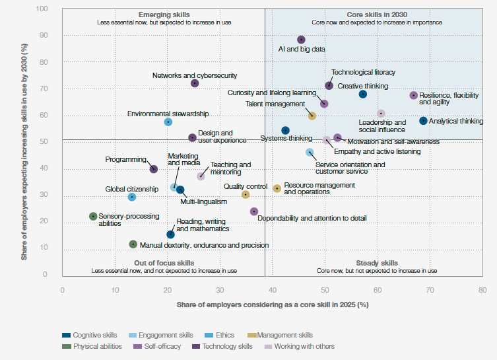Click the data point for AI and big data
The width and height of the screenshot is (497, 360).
coord(301,40)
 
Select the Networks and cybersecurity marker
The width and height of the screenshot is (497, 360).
coord(195,83)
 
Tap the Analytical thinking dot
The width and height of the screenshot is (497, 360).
coord(423,121)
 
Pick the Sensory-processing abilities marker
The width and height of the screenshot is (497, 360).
coord(93,216)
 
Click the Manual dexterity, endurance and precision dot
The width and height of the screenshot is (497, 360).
coord(133,244)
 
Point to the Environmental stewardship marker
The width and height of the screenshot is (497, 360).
coord(168,122)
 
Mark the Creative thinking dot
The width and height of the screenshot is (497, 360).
coord(362,94)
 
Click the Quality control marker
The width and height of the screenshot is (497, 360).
coord(246,195)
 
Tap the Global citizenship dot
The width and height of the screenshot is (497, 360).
coord(131,197)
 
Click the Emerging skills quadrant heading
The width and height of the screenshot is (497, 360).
coord(164,14)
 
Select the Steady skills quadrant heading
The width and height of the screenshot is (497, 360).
coord(377,263)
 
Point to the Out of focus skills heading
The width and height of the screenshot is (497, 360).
coord(164,263)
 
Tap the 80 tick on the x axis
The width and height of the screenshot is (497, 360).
coord(482,290)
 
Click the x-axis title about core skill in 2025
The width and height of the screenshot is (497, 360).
coord(272,305)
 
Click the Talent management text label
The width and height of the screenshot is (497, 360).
coord(275,104)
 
